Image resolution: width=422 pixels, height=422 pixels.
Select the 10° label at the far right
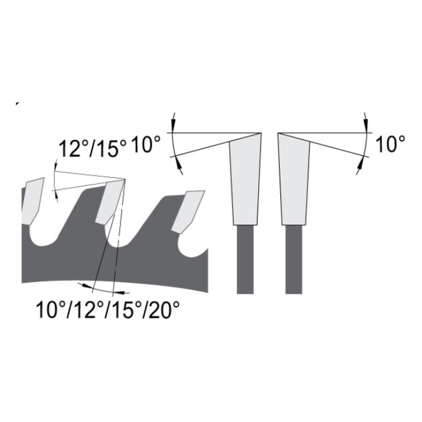(390, 144)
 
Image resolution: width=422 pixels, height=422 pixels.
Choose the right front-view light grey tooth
(294, 181)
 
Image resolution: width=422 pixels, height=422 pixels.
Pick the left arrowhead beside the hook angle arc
(87, 286)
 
